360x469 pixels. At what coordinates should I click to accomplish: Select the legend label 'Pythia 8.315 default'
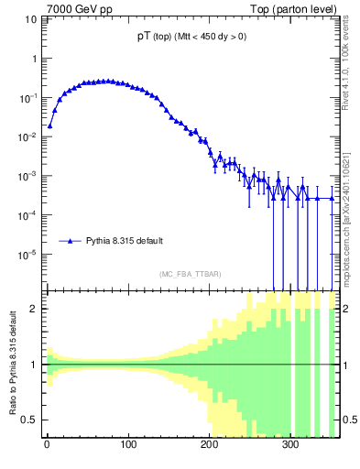[125, 241]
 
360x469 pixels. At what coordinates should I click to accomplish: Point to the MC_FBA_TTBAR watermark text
[190, 275]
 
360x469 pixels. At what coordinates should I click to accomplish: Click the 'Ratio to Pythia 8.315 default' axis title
[12, 365]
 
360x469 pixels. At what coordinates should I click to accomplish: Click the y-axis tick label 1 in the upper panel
[33, 58]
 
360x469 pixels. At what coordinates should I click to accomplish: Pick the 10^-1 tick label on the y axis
[28, 97]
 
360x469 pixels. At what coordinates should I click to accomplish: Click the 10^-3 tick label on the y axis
[28, 176]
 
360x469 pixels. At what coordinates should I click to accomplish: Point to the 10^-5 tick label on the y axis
[28, 255]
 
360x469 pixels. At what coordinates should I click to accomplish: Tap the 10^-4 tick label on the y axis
[28, 215]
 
